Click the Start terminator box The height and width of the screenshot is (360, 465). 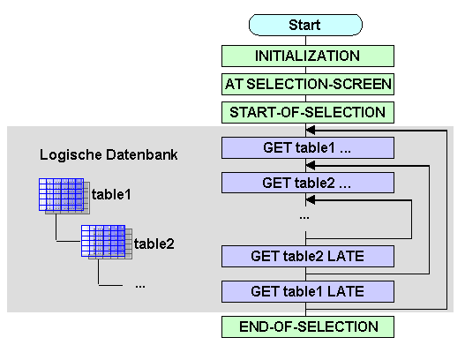(x=305, y=25)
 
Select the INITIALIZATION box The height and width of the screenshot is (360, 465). (x=308, y=56)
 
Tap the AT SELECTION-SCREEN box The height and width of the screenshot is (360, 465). (x=308, y=84)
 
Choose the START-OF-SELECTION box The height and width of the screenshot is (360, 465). (x=308, y=112)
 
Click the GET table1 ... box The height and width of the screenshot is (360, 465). (x=308, y=147)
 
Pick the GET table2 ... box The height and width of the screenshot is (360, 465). (x=308, y=183)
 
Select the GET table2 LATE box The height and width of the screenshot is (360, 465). (x=308, y=256)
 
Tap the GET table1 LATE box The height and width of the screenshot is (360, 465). (x=308, y=291)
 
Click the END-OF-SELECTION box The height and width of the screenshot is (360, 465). (x=308, y=326)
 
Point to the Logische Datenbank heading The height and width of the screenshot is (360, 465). (x=109, y=154)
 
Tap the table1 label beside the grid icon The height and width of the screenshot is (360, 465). (x=111, y=194)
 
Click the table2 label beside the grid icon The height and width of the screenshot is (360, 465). (x=154, y=244)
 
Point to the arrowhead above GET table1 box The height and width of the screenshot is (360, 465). (x=311, y=130)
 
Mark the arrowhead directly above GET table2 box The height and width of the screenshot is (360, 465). (x=311, y=165)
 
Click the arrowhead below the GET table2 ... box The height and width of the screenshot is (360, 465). (x=311, y=200)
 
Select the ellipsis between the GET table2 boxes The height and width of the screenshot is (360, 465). (x=304, y=218)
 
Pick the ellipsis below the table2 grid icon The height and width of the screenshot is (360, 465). (x=140, y=287)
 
